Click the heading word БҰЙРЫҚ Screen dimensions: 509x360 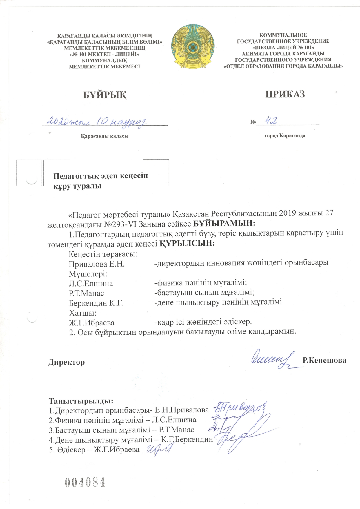click(105, 95)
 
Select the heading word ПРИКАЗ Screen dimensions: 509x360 click(285, 94)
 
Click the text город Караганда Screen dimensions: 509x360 click(285, 135)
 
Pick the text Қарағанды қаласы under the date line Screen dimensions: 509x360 click(104, 136)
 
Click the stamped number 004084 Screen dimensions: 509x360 click(85, 482)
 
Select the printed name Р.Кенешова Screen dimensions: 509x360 click(324, 360)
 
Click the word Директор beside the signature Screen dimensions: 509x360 click(66, 362)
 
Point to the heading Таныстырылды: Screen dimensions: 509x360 click(81, 401)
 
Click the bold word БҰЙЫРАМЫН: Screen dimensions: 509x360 click(224, 224)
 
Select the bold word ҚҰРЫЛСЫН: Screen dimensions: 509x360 click(187, 243)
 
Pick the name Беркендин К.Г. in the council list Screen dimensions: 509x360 click(96, 303)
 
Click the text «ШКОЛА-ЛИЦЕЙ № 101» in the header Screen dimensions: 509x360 click(283, 47)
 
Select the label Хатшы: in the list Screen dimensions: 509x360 click(83, 313)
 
